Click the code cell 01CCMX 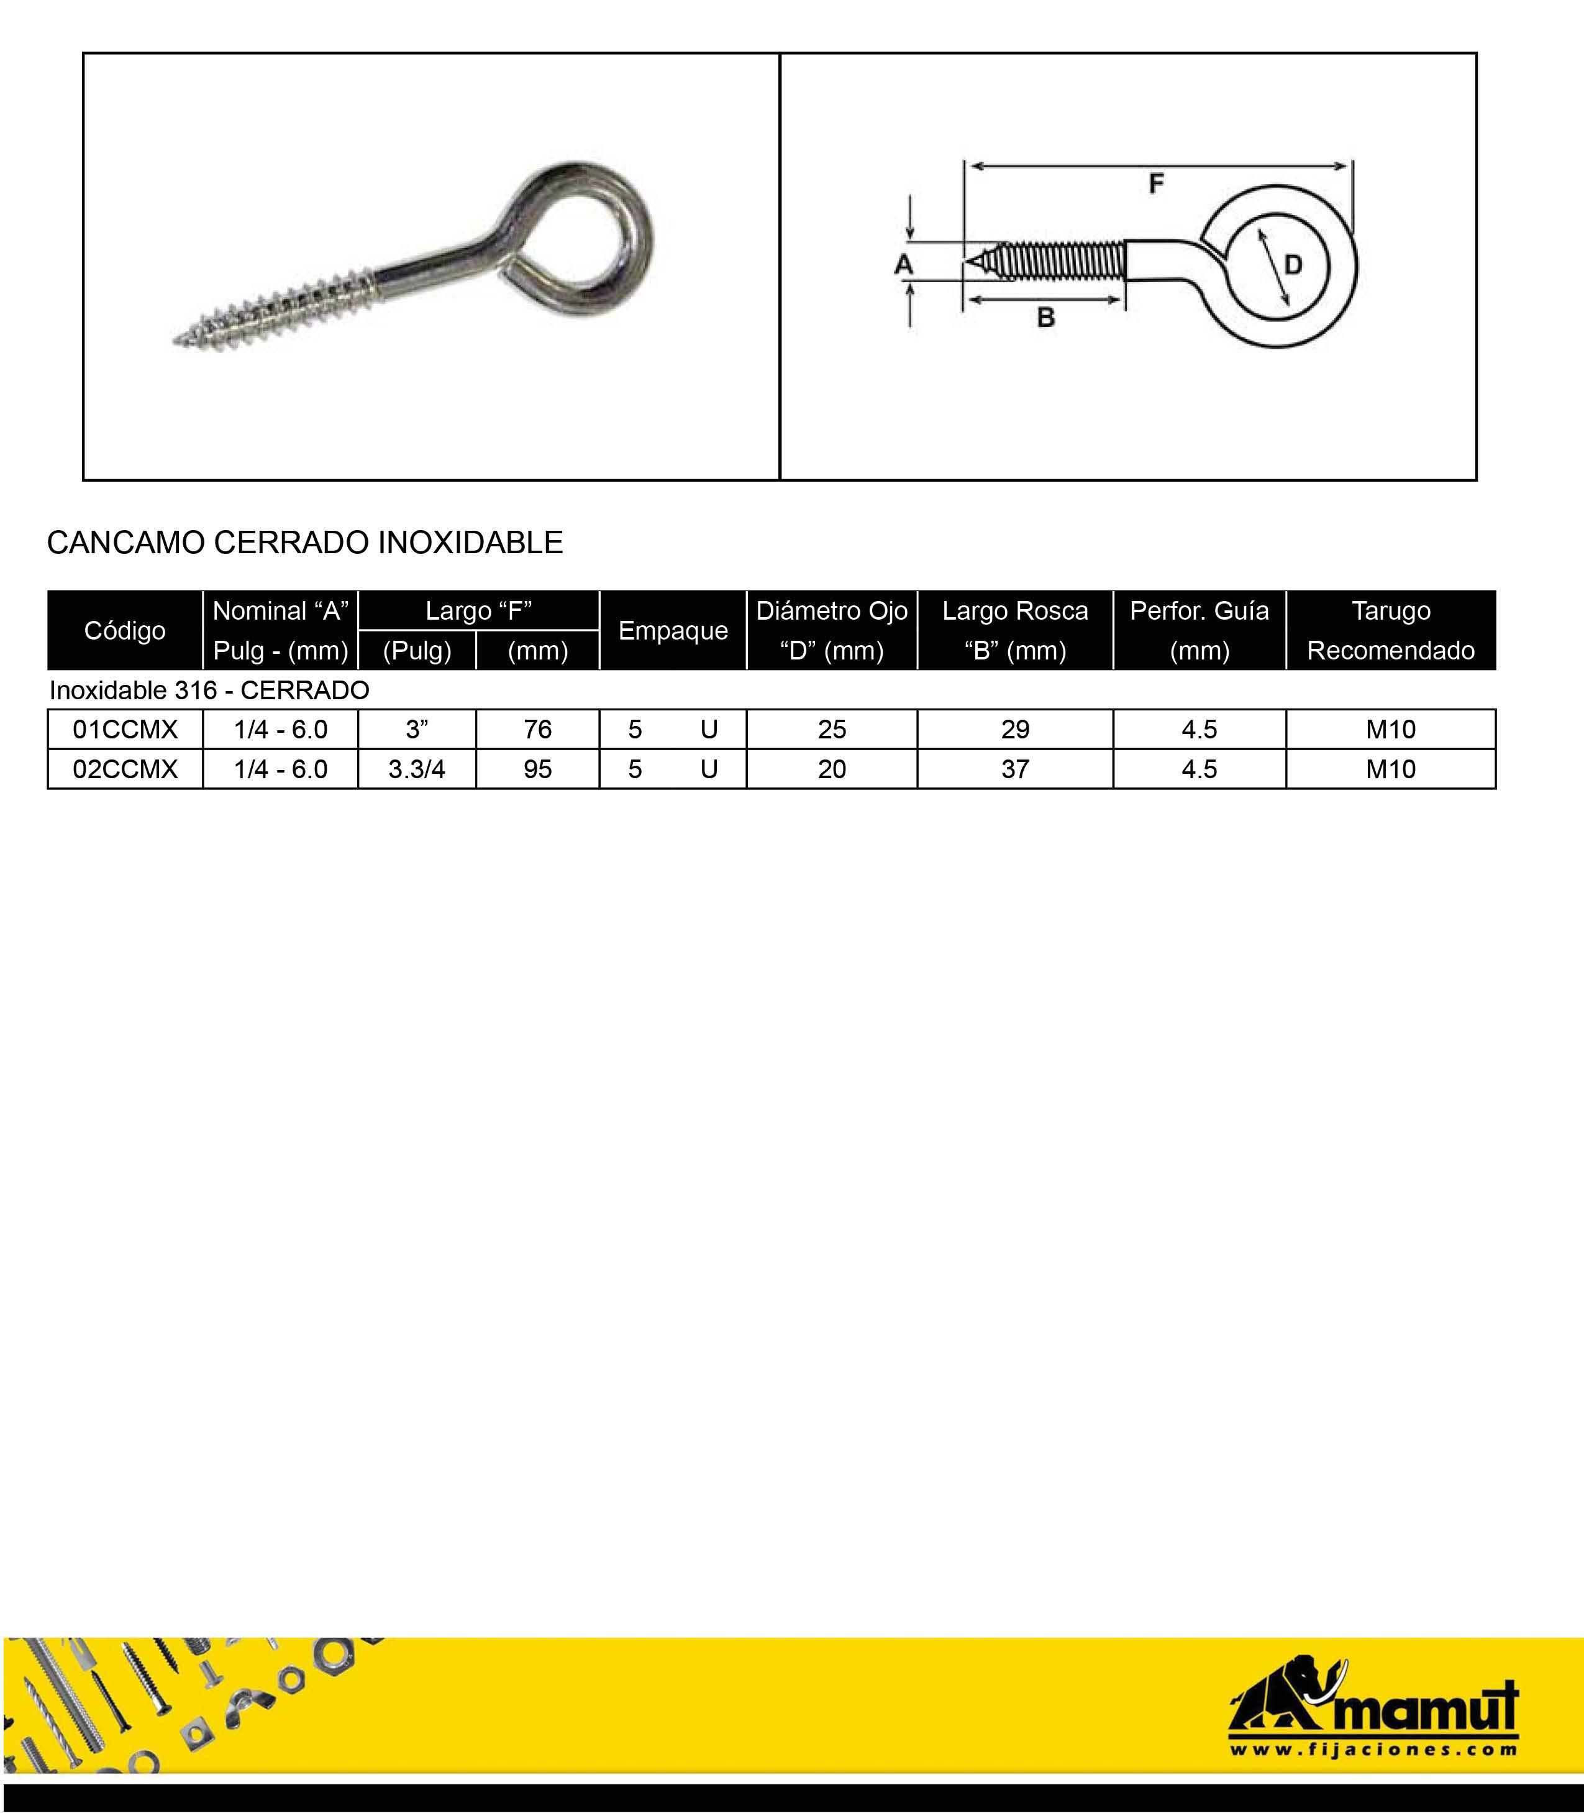(x=125, y=730)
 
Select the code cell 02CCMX (x=125, y=769)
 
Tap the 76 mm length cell (x=537, y=730)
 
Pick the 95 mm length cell (x=537, y=769)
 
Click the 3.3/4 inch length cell (x=416, y=769)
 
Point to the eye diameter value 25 (x=832, y=730)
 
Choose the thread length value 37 (x=1015, y=769)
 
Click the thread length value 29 (x=1015, y=730)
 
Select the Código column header (x=125, y=631)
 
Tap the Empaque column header (x=673, y=631)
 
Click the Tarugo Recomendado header (x=1390, y=631)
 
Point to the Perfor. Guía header (x=1199, y=631)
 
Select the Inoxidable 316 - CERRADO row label (x=209, y=691)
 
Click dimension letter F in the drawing (x=1156, y=184)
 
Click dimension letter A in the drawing (x=903, y=264)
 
